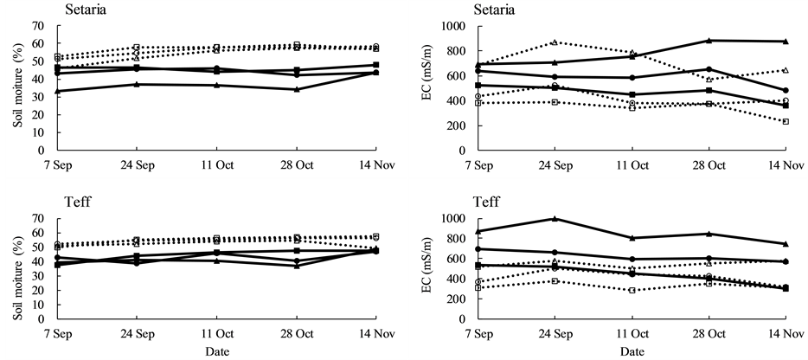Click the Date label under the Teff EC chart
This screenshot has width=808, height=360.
pyautogui.click(x=632, y=352)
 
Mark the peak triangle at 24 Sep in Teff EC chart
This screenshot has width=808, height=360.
pyautogui.click(x=555, y=218)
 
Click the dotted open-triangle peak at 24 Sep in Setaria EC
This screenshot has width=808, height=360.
pyautogui.click(x=555, y=42)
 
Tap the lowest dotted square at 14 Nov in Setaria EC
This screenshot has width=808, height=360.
pyautogui.click(x=786, y=121)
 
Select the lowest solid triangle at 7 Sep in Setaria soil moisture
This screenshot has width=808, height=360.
pyautogui.click(x=57, y=91)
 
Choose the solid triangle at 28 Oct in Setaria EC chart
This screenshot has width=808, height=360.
pyautogui.click(x=709, y=40)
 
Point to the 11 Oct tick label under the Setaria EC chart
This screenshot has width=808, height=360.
pyautogui.click(x=632, y=164)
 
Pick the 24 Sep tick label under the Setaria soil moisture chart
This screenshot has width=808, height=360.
pyautogui.click(x=136, y=164)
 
